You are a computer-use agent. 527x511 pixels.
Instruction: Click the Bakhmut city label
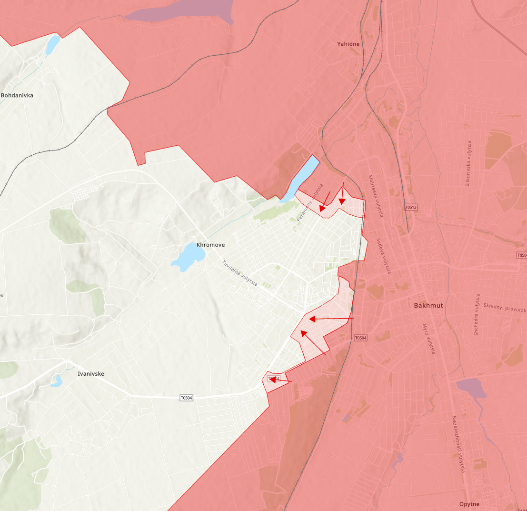(428, 305)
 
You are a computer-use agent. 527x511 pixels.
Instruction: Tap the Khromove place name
(211, 245)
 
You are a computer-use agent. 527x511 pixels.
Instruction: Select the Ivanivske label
(91, 374)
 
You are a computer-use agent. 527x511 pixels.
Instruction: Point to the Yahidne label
(348, 44)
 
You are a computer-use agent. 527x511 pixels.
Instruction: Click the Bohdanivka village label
(17, 95)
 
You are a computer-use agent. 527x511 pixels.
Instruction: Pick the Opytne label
(469, 504)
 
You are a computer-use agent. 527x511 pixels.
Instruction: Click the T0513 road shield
(411, 207)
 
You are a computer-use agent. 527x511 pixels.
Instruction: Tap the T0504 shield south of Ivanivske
(187, 397)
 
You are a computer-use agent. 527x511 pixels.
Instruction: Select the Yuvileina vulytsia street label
(240, 273)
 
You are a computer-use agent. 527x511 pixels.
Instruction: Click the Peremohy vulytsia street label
(310, 203)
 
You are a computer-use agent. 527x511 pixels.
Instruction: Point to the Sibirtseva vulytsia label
(375, 196)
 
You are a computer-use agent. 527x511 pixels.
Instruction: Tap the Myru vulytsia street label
(428, 339)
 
